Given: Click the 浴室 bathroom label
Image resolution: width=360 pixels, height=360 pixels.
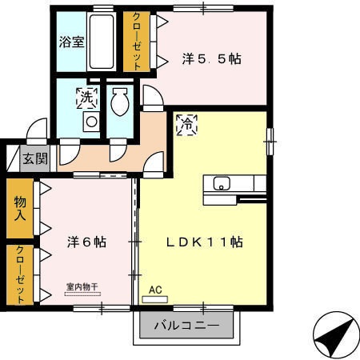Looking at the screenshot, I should pyautogui.click(x=72, y=42).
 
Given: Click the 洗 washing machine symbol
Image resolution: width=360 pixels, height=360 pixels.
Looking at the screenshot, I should pyautogui.click(x=86, y=98).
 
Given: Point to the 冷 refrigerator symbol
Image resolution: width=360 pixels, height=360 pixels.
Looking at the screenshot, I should pyautogui.click(x=185, y=124).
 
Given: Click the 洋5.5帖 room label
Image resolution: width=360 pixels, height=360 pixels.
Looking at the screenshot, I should pyautogui.click(x=212, y=58).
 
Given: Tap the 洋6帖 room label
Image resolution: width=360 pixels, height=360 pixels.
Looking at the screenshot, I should pyautogui.click(x=85, y=241).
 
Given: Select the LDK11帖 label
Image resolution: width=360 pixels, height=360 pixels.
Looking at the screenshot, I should pyautogui.click(x=204, y=241).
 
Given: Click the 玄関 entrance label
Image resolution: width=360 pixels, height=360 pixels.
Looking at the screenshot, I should pyautogui.click(x=35, y=158).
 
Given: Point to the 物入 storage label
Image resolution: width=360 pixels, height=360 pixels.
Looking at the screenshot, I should pyautogui.click(x=20, y=209).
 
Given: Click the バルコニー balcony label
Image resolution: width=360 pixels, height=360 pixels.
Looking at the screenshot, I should pyautogui.click(x=186, y=326).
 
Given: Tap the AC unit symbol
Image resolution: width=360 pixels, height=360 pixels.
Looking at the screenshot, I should pyautogui.click(x=155, y=298).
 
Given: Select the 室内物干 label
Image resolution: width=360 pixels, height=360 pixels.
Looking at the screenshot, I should pyautogui.click(x=82, y=286).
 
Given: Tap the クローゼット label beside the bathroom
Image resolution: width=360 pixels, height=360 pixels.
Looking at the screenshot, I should pyautogui.click(x=136, y=42).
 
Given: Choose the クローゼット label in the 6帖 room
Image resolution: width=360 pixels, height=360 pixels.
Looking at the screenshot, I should pyautogui.click(x=20, y=274).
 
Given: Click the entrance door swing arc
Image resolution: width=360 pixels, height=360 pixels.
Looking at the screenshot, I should pyautogui.click(x=36, y=128).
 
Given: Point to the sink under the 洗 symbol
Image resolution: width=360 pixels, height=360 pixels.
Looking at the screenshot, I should pyautogui.click(x=91, y=122).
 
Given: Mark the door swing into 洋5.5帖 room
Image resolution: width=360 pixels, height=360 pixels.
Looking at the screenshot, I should pyautogui.click(x=152, y=98).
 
